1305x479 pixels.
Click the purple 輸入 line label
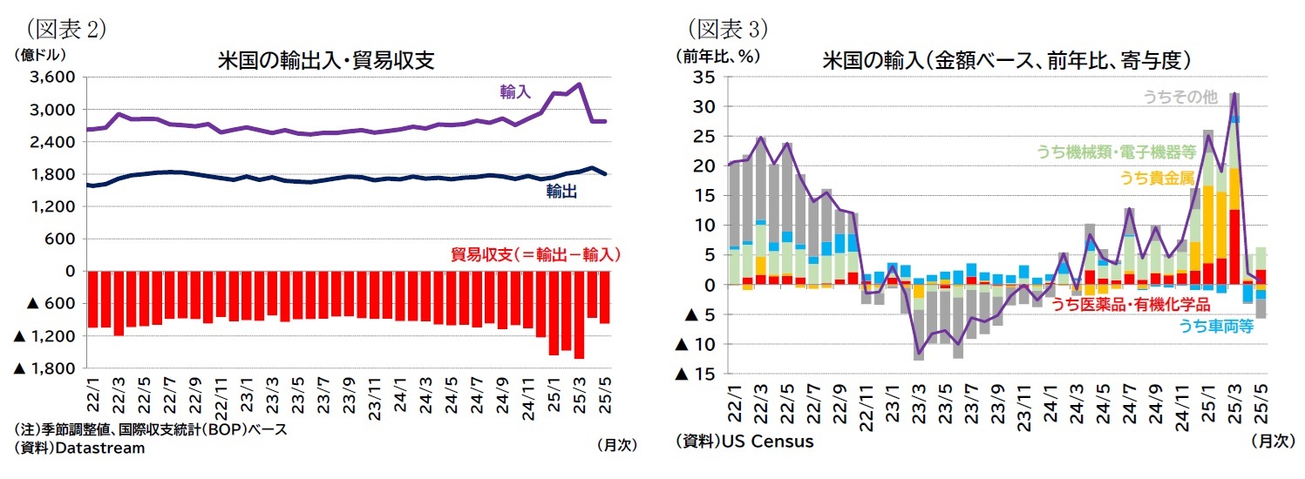[515, 91]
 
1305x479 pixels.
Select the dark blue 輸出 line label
[561, 192]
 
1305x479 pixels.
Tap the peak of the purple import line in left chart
[578, 84]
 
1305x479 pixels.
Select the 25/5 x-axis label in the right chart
[1260, 401]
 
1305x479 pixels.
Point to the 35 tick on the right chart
[703, 78]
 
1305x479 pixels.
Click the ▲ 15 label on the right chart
[697, 374]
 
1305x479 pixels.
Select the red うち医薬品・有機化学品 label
[1130, 304]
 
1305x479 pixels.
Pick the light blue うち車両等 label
[1216, 326]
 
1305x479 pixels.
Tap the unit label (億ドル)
[40, 54]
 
